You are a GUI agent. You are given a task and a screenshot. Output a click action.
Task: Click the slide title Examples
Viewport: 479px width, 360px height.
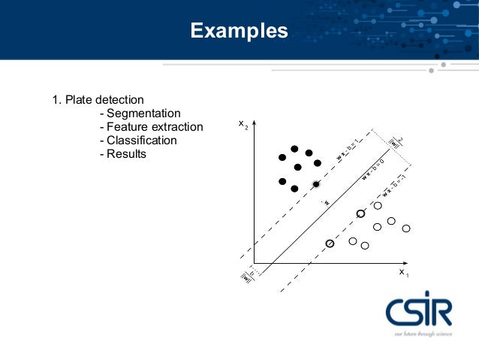(x=239, y=31)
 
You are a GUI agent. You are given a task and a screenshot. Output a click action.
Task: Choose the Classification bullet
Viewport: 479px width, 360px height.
(x=142, y=141)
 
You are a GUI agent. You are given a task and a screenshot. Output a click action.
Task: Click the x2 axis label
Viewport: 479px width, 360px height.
(x=243, y=125)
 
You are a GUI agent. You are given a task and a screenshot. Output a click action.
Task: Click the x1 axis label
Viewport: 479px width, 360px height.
(x=404, y=272)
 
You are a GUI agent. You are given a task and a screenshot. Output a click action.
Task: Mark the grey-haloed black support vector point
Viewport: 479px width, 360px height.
(x=316, y=184)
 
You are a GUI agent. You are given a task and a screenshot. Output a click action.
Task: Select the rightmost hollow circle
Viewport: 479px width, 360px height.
(x=406, y=228)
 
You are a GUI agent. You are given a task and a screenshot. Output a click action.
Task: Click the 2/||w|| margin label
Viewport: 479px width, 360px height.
(x=396, y=142)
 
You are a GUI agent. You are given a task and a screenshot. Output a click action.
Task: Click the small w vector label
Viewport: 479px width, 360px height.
(x=327, y=201)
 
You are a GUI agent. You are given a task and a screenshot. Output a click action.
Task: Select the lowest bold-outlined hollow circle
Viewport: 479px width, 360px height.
(x=330, y=244)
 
